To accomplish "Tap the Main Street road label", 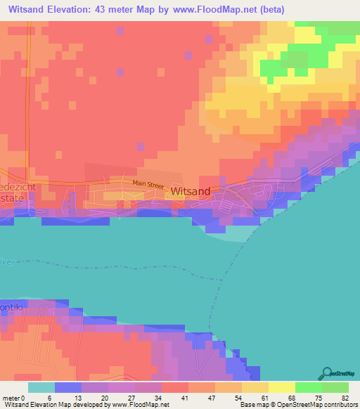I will pyautogui.click(x=148, y=183).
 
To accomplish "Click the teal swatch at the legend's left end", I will pyautogui.click(x=41, y=387).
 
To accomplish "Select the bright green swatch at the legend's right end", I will pyautogui.click(x=335, y=387).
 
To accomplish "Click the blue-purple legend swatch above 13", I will pyautogui.click(x=68, y=387).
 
